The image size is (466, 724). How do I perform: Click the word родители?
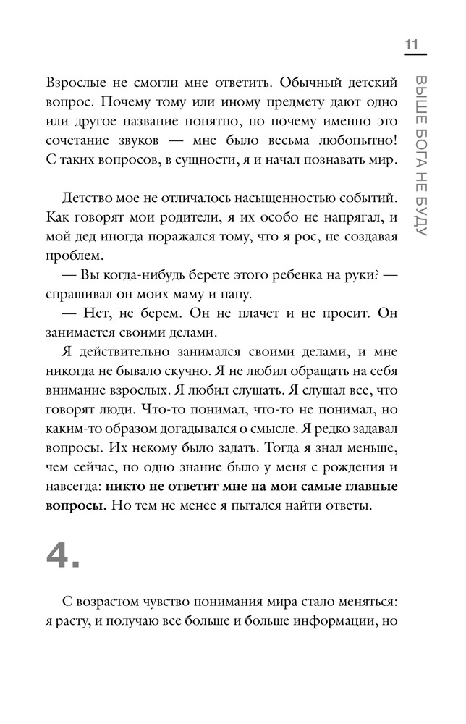coord(221,217)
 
